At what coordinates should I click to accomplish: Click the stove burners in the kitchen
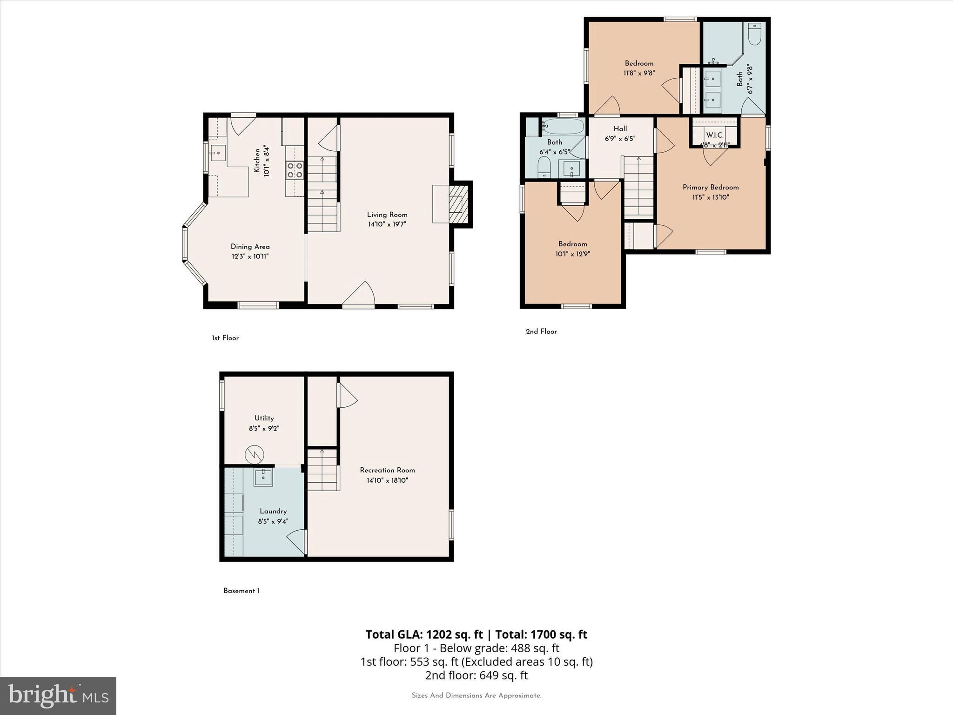295,170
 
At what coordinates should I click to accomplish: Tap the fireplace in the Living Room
456,204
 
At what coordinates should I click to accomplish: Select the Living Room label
387,215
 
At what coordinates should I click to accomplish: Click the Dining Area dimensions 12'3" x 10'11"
250,256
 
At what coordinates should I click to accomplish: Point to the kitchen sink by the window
218,153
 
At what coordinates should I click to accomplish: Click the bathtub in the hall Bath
563,127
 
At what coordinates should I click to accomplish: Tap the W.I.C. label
715,135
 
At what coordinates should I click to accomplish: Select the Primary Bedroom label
710,187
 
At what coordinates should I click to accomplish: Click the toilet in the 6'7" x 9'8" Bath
754,34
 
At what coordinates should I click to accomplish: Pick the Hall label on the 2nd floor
620,129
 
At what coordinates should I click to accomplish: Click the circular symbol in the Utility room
255,454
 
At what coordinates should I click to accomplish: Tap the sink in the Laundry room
263,477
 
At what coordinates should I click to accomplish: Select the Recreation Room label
387,470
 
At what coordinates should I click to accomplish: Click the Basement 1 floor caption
242,591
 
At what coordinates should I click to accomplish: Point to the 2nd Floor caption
541,331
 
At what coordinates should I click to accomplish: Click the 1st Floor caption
225,338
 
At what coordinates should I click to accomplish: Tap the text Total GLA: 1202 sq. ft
424,634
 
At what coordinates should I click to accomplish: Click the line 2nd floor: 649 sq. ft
476,675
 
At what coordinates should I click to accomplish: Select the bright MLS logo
58,695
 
